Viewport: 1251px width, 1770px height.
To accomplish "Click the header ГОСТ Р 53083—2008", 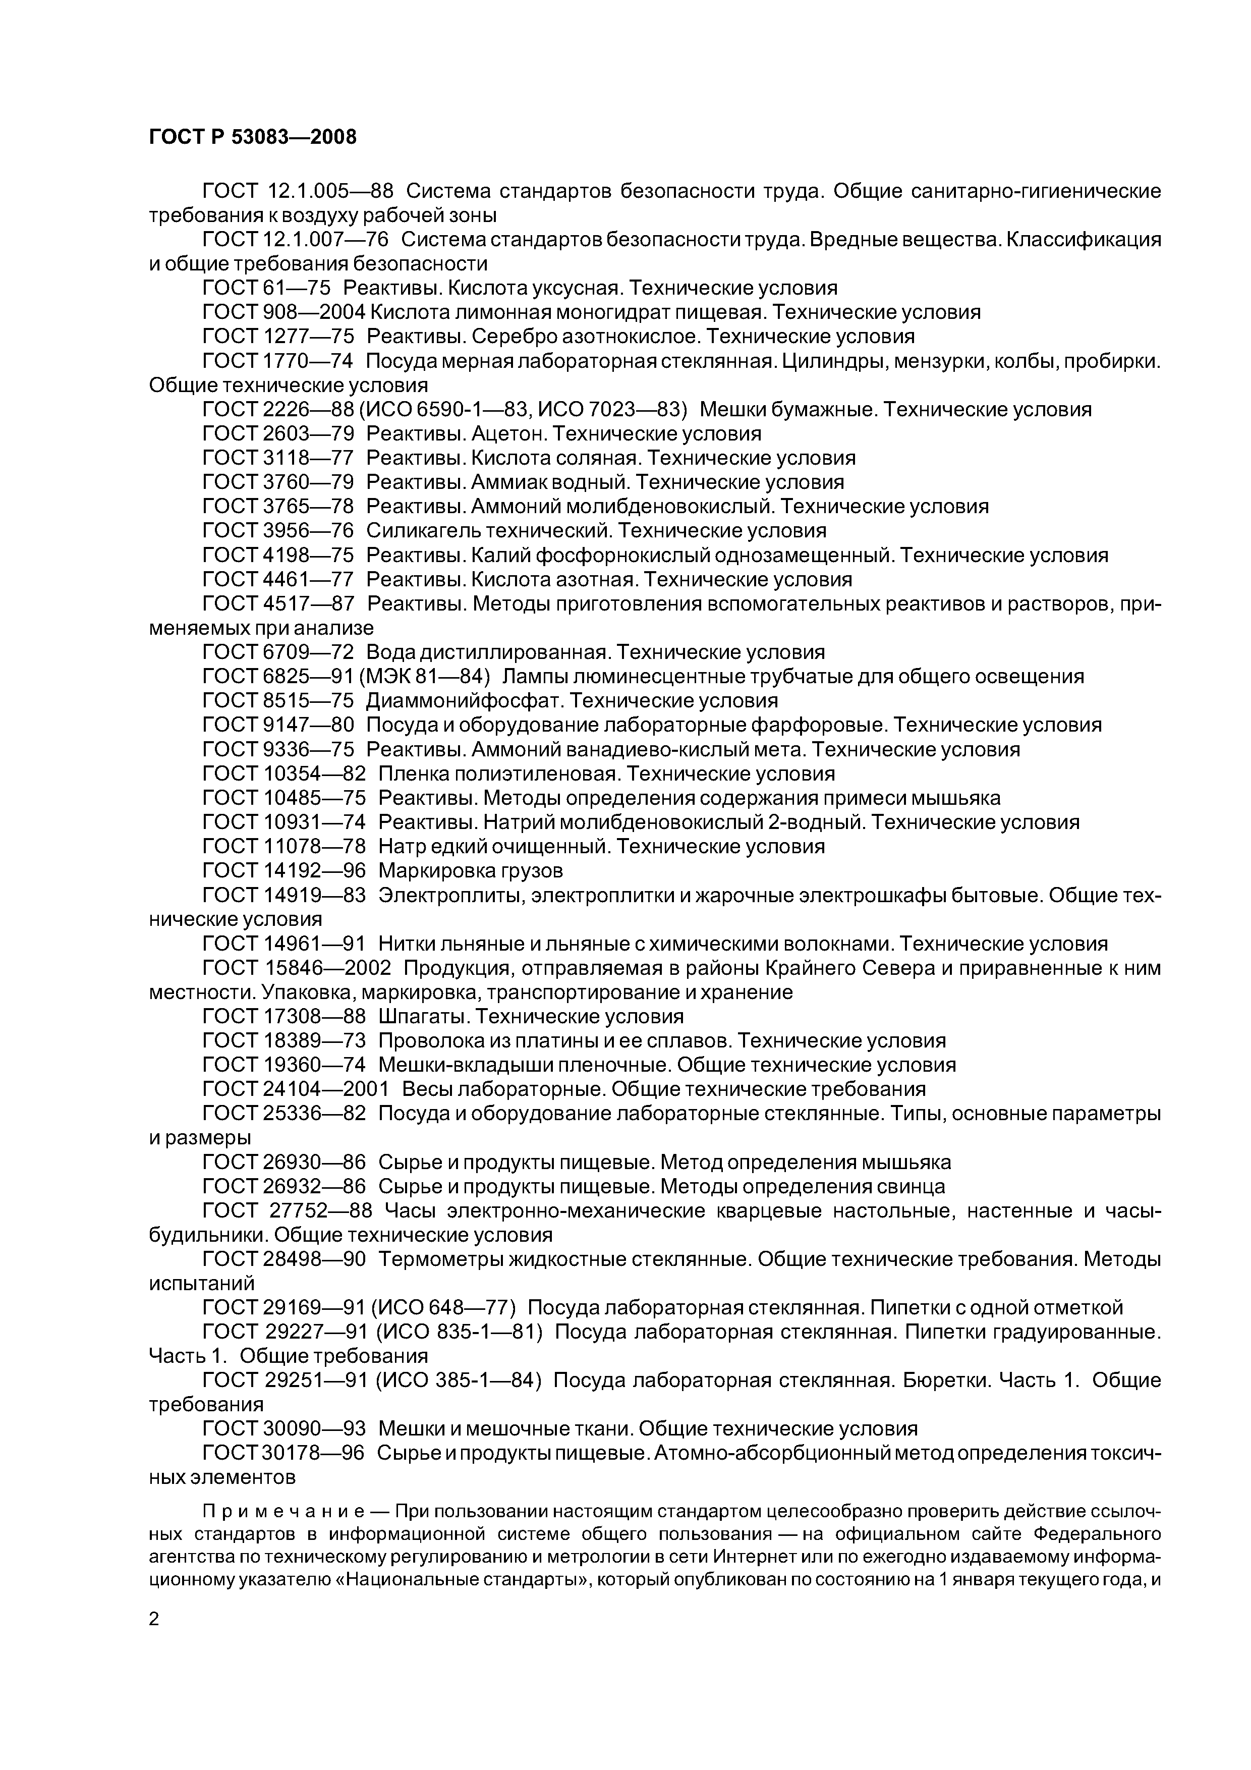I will pyautogui.click(x=252, y=137).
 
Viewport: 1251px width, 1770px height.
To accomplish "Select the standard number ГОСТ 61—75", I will pyautogui.click(x=266, y=288).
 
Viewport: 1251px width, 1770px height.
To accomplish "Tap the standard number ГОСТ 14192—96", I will pyautogui.click(x=283, y=871).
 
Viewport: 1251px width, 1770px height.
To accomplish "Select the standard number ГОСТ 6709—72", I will pyautogui.click(x=277, y=653).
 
